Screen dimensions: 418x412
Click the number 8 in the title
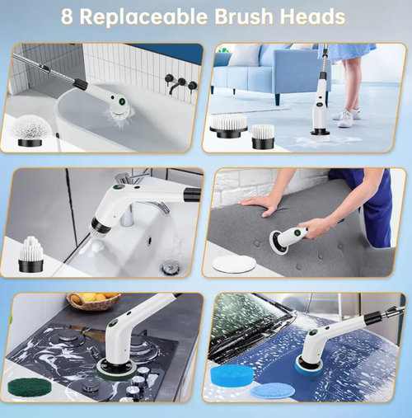pyautogui.click(x=67, y=16)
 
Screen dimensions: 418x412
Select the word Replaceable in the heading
pyautogui.click(x=145, y=16)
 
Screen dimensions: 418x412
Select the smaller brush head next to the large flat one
pyautogui.click(x=262, y=134)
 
